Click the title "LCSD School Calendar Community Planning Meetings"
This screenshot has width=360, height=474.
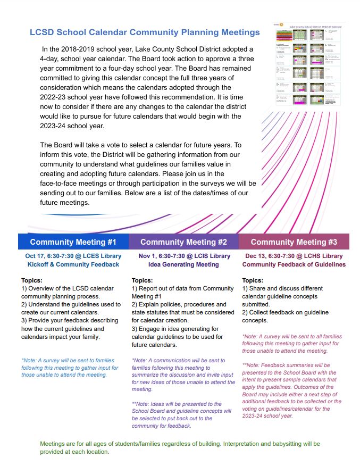tap(145, 32)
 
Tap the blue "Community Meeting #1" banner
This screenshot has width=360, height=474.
tap(73, 242)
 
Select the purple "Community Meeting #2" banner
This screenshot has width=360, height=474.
tap(183, 242)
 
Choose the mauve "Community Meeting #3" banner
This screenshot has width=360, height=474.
tap(294, 242)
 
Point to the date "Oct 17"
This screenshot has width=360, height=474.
tap(35, 256)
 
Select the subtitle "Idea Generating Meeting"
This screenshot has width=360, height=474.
tap(183, 264)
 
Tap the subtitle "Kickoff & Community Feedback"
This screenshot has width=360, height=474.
tap(73, 264)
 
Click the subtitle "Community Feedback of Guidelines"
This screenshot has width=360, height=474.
tap(294, 264)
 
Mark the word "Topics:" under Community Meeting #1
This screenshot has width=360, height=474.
tap(32, 280)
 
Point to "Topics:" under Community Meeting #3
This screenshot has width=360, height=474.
tap(253, 280)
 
